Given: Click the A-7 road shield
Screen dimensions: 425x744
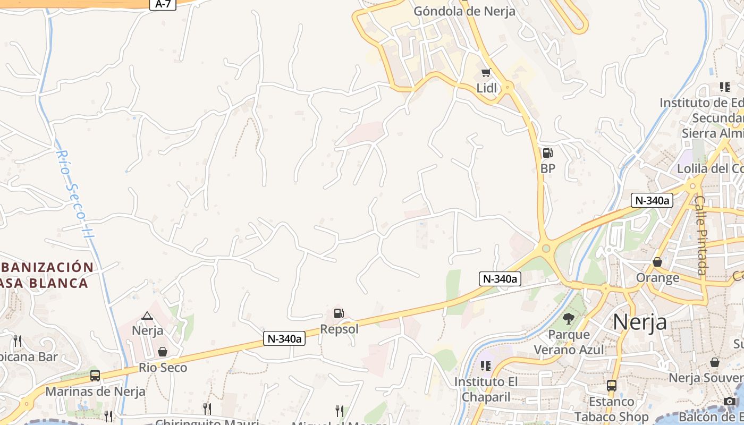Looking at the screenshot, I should tap(163, 4).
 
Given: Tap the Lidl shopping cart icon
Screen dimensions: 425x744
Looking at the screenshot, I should tap(486, 72).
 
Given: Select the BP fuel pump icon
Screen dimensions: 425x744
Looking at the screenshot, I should tap(547, 153).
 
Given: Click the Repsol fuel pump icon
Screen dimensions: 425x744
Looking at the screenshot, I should tap(339, 313).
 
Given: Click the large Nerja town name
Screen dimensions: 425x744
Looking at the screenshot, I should tap(640, 322).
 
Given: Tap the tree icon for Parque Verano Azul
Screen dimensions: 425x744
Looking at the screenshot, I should tap(569, 319).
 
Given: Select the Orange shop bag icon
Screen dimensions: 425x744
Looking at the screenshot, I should tap(657, 262).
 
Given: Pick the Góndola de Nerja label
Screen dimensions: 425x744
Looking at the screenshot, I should tap(464, 11).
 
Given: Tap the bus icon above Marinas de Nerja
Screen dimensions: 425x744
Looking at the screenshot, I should tap(95, 376).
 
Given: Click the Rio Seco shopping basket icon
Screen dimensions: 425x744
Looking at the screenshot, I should tap(163, 352).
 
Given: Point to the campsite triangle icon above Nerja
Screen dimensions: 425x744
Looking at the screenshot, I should tap(147, 316).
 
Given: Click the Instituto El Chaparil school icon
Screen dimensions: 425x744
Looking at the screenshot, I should tap(485, 365).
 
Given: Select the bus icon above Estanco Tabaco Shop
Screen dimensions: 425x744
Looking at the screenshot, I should tap(612, 385).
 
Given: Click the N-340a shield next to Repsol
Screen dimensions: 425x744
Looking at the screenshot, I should tap(284, 338).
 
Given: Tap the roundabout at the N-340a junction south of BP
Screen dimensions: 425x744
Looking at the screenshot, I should tap(546, 248).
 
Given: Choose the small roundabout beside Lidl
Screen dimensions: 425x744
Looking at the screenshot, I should tap(509, 86).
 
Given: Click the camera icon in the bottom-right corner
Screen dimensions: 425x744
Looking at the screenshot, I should tap(730, 402).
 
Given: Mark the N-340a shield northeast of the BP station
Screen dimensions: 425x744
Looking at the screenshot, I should tap(652, 200).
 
